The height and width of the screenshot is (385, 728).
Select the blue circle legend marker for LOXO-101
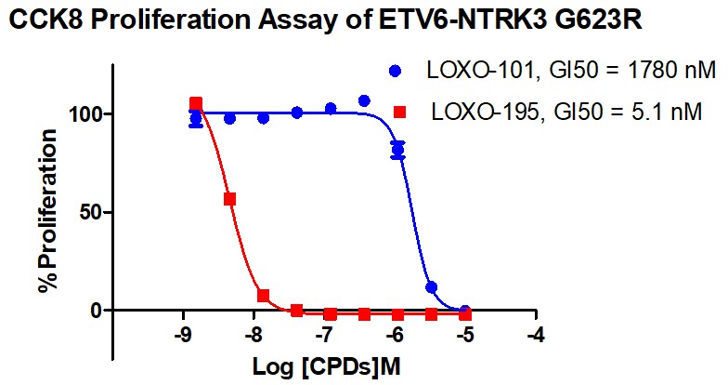tap(396, 71)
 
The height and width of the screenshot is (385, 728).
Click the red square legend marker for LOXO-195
tap(400, 113)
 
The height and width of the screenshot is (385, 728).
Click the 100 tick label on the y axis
tap(86, 113)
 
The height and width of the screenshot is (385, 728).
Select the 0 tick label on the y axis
tap(96, 310)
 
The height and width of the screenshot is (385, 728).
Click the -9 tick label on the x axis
tap(184, 334)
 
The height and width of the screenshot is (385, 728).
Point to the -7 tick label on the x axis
tap(324, 334)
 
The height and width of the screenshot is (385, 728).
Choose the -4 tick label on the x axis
tap(535, 334)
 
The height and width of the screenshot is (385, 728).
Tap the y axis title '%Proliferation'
tap(47, 211)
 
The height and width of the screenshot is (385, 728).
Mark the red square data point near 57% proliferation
tap(229, 199)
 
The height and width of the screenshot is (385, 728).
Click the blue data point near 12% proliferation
tap(431, 287)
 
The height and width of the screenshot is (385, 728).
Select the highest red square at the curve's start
tap(196, 103)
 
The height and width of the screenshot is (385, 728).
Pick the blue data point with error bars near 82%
tap(397, 149)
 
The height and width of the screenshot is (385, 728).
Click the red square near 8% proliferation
tap(264, 296)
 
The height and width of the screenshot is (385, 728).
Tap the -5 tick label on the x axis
tap(464, 334)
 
